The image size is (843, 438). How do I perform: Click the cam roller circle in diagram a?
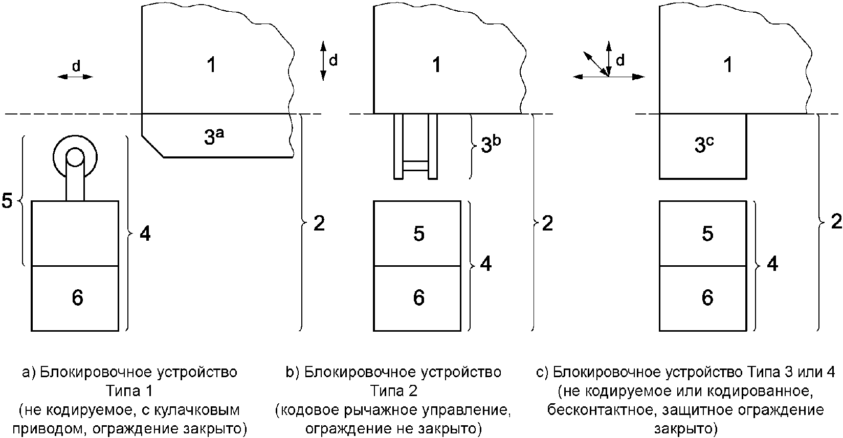pyautogui.click(x=75, y=157)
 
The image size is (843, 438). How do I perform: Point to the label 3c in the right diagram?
pyautogui.click(x=704, y=146)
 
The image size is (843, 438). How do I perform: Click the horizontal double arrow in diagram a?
pyautogui.click(x=75, y=77)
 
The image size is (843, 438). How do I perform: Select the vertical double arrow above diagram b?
pyautogui.click(x=323, y=60)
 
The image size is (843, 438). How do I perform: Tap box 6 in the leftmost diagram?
pyautogui.click(x=76, y=298)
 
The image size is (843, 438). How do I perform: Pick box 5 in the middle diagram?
pyautogui.click(x=418, y=234)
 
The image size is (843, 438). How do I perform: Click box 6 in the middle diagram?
pyautogui.click(x=418, y=298)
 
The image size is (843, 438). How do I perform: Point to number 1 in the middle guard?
pyautogui.click(x=436, y=65)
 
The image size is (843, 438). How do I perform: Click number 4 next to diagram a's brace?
pyautogui.click(x=145, y=234)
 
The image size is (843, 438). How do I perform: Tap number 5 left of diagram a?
pyautogui.click(x=7, y=201)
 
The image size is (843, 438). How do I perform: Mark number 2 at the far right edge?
pyautogui.click(x=836, y=222)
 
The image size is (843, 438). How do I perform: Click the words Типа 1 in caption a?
pyautogui.click(x=130, y=391)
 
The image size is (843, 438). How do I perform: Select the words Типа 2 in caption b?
pyautogui.click(x=393, y=391)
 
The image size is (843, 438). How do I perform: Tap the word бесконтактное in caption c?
pyautogui.click(x=592, y=410)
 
